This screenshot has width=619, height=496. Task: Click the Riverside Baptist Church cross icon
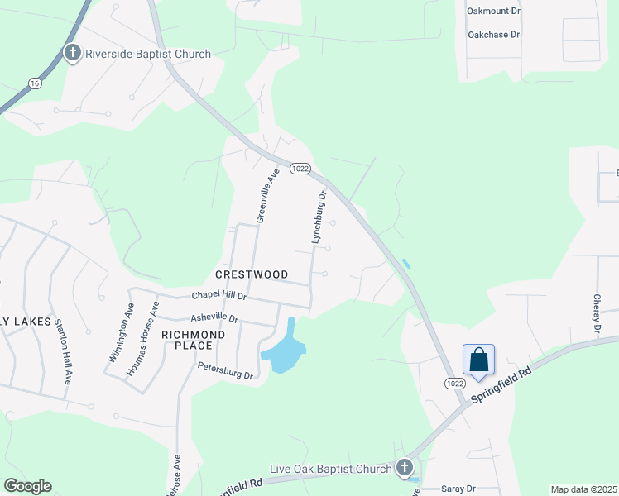73,54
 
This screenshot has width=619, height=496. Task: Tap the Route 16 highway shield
34,83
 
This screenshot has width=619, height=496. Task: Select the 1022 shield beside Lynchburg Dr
300,168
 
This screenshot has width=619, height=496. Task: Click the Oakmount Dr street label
493,12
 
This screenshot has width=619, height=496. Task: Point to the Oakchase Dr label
493,35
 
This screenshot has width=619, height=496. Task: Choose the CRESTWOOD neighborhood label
252,274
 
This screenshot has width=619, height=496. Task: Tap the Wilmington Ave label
120,333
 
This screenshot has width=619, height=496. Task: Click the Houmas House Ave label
142,338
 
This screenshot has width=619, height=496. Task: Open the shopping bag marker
478,360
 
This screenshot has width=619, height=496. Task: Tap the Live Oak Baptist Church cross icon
405,468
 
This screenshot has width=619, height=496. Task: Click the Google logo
27,486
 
